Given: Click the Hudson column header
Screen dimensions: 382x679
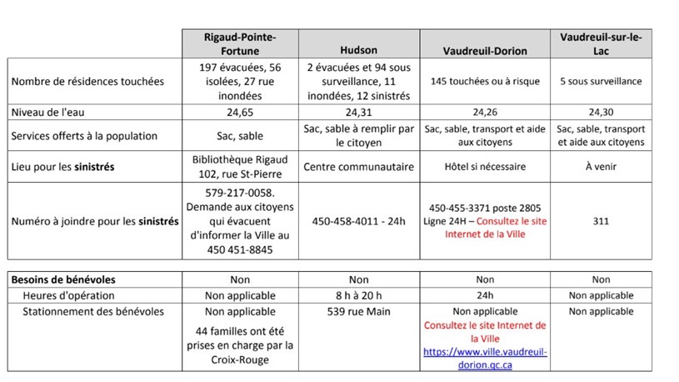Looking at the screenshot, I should click(x=358, y=50).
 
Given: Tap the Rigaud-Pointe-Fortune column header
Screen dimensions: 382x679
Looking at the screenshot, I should click(x=240, y=43).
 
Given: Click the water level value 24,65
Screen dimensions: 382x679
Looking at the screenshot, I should click(x=240, y=112).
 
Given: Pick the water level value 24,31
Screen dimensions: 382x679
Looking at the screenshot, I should click(x=358, y=112).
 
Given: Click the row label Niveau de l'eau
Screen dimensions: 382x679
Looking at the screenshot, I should click(x=46, y=112).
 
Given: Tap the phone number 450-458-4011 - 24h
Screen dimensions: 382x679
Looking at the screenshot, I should click(x=358, y=221).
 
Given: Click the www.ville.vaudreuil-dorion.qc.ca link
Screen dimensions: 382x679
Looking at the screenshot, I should click(x=486, y=359).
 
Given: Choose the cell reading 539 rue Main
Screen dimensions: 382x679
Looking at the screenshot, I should click(x=358, y=312).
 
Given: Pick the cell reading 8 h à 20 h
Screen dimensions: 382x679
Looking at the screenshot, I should click(x=358, y=295).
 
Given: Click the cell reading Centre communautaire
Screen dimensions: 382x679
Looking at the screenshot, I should click(x=358, y=167).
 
